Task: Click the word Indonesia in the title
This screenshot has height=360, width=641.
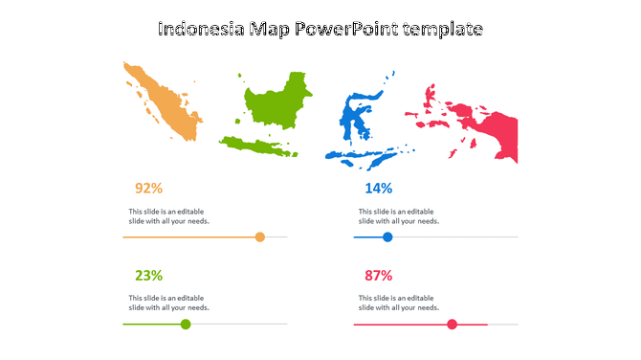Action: [200, 30]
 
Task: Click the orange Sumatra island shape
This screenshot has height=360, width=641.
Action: [166, 101]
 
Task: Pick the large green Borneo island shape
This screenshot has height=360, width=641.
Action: [277, 100]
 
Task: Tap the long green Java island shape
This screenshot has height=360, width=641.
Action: [256, 146]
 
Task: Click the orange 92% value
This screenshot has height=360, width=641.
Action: [148, 188]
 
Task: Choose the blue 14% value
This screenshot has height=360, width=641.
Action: [378, 188]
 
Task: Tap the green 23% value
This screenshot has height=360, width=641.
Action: [148, 276]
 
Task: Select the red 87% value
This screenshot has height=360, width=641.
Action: [378, 276]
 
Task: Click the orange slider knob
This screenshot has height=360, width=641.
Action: [259, 236]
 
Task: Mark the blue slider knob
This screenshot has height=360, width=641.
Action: [387, 236]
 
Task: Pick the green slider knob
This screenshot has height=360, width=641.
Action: [186, 325]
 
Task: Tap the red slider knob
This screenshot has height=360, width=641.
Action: [453, 325]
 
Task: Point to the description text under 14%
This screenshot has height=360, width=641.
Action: [399, 216]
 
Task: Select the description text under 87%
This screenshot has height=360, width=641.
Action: [399, 304]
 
